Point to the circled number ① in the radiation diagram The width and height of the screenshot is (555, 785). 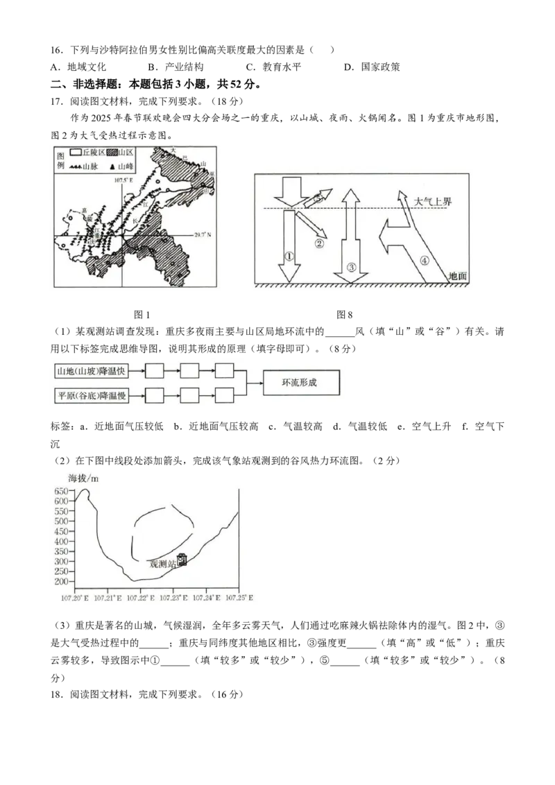point(290,255)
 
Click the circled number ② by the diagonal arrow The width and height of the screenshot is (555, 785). point(320,243)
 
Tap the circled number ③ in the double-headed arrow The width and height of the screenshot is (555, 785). point(351,266)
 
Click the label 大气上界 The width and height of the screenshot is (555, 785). point(432,201)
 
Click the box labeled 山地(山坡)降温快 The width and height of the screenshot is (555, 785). point(97,371)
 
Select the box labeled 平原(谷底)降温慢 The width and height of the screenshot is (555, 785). point(97,396)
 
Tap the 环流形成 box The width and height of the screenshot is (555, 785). point(302,383)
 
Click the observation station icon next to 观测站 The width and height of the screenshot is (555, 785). point(182,560)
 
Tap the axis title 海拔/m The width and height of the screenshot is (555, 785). point(83,478)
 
